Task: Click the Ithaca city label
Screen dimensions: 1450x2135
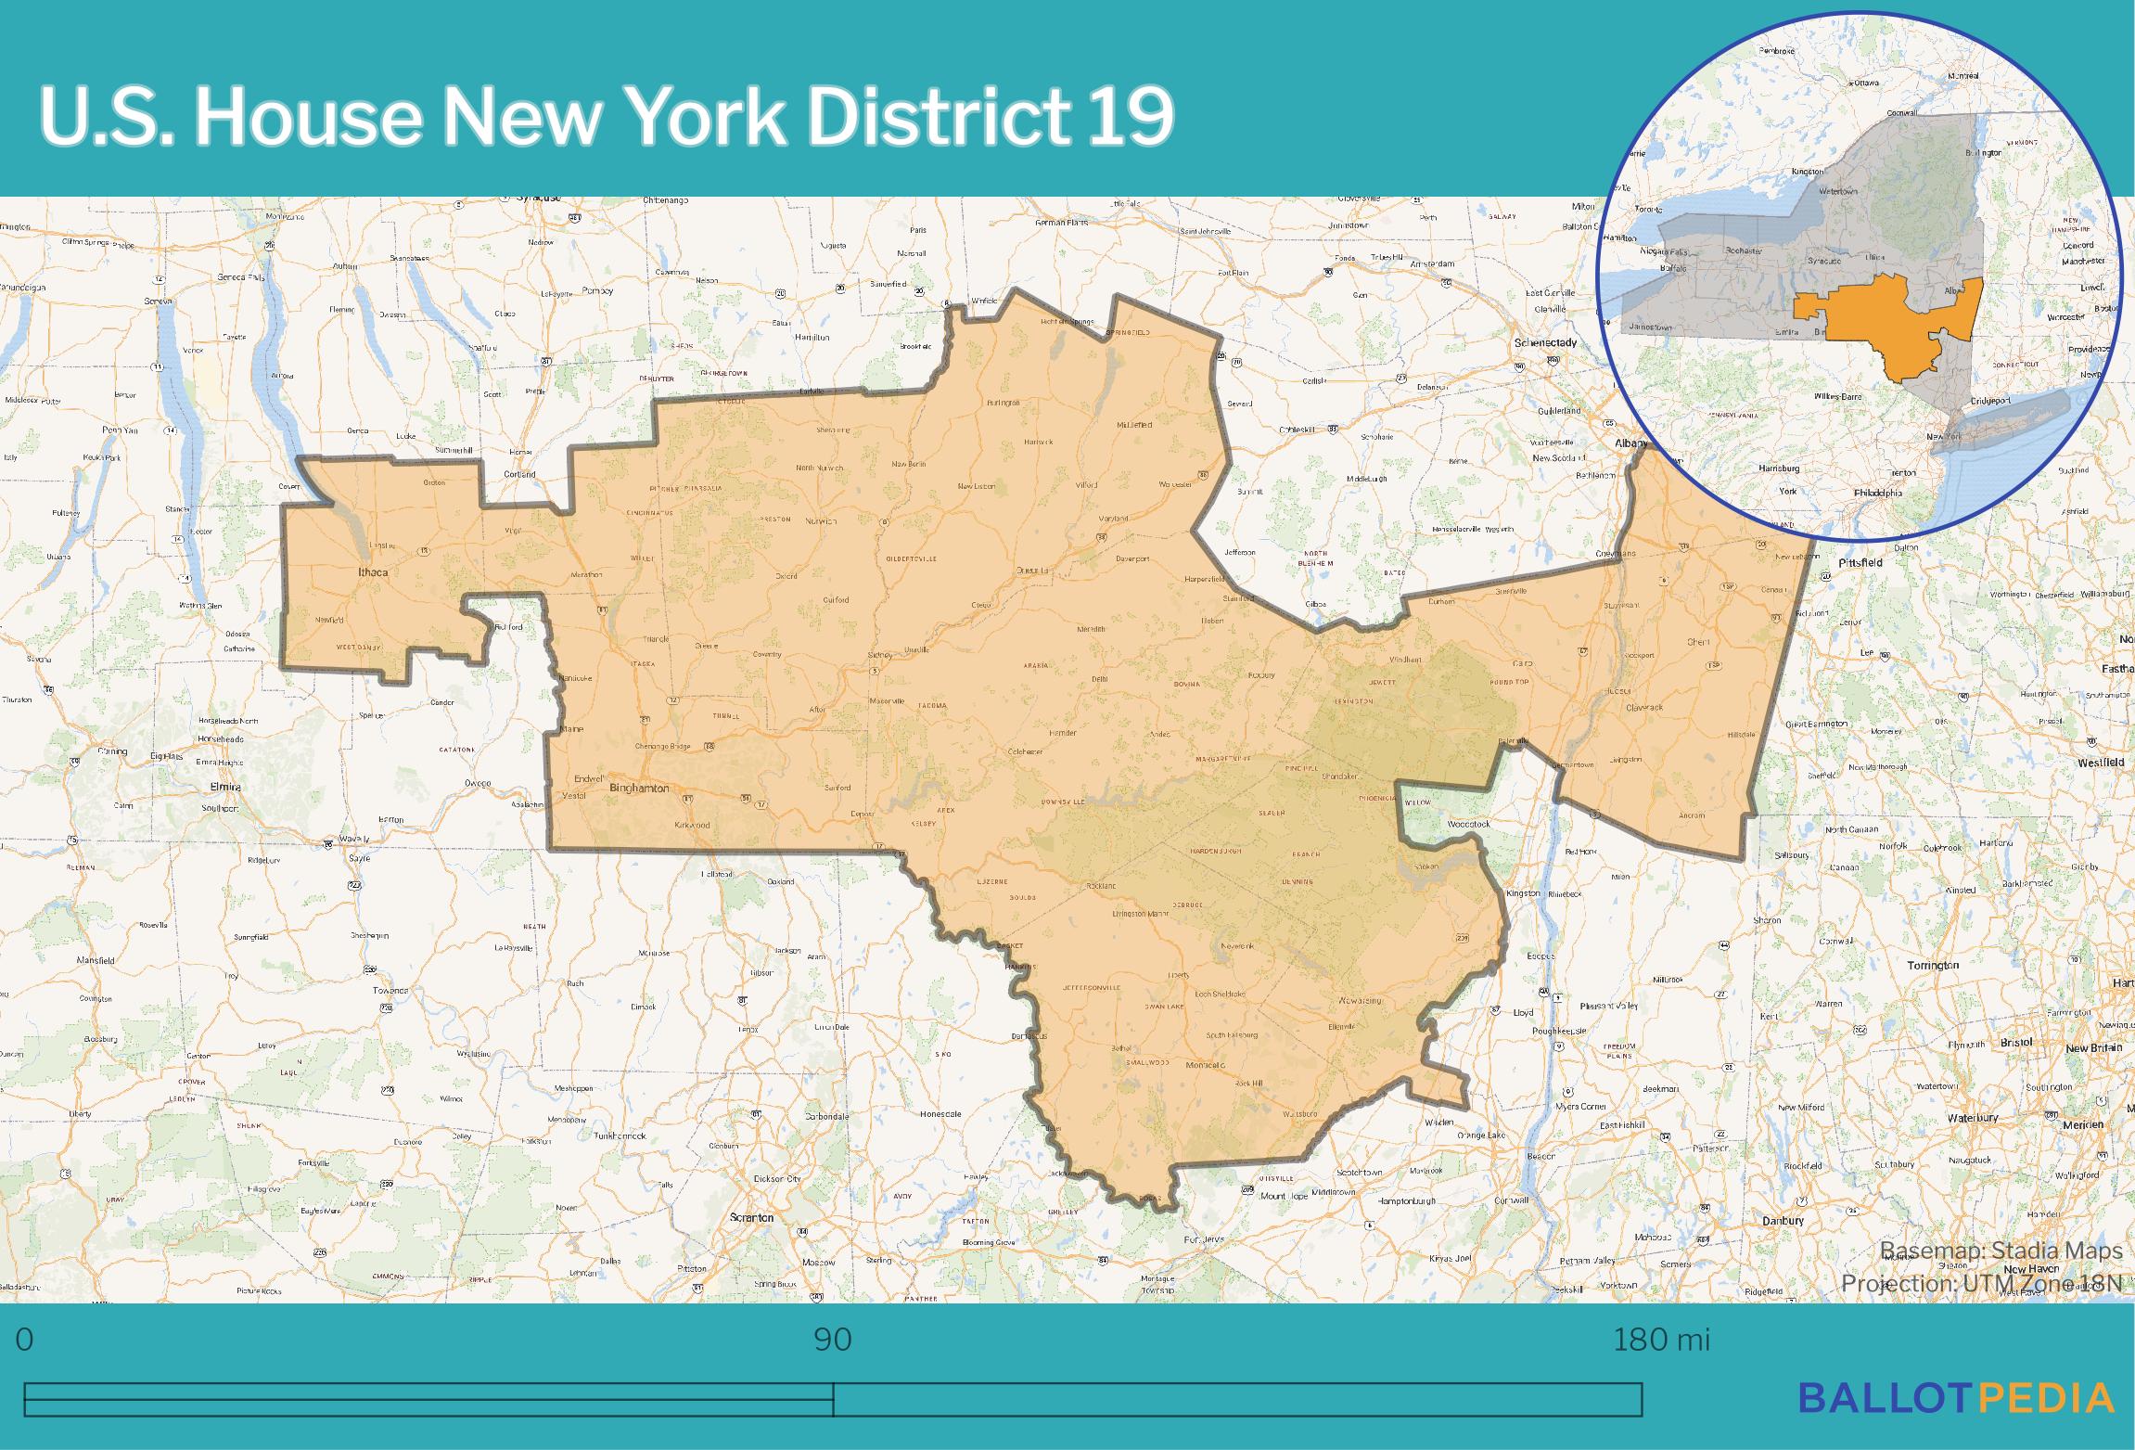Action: coord(373,572)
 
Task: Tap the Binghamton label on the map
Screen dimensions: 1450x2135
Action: coord(639,788)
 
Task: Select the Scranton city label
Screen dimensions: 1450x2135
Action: coord(751,1217)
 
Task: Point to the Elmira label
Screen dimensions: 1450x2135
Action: coord(225,787)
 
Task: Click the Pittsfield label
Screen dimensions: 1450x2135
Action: coord(1860,563)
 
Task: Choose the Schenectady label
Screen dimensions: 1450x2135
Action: coord(1545,342)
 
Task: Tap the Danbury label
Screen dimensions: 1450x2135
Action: coord(1783,1221)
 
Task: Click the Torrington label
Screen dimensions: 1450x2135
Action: coord(1933,966)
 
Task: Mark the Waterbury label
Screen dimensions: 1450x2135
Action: coord(1973,1118)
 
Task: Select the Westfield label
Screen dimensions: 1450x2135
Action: coord(2101,763)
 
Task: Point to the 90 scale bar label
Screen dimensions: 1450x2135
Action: coord(832,1340)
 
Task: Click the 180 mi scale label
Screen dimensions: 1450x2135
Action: coord(1661,1340)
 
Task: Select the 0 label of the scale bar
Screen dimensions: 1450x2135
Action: coord(25,1340)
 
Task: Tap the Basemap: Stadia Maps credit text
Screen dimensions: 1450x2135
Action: coord(2001,1251)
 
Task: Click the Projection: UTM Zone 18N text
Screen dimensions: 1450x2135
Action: coord(1981,1283)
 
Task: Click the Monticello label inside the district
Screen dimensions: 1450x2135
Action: coord(1206,1065)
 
